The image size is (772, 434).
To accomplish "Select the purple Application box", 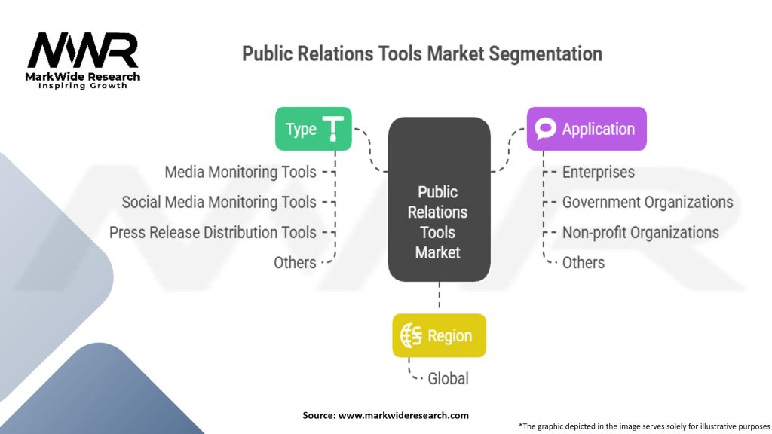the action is coord(586,129).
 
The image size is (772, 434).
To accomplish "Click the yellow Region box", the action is coord(439,335).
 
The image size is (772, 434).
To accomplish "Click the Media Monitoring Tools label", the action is coord(240,172).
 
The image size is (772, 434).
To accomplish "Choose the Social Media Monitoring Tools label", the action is coord(219,202).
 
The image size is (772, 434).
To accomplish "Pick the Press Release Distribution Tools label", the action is coord(213,232).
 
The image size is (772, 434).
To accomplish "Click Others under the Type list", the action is coord(295,262).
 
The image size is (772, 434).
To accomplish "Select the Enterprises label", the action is coord(599,172).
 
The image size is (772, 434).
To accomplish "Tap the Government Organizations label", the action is coord(648,202).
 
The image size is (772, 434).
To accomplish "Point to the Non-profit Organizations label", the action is coord(641,232).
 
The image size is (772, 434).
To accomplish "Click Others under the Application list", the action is coord(584,262).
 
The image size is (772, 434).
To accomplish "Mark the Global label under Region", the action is coord(448,377).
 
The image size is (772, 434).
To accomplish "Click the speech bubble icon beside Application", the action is coord(545,129).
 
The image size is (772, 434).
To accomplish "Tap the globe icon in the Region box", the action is coord(412,336).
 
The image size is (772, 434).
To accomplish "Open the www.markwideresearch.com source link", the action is coord(403,415).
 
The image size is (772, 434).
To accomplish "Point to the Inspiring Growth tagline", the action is coord(83,86).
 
